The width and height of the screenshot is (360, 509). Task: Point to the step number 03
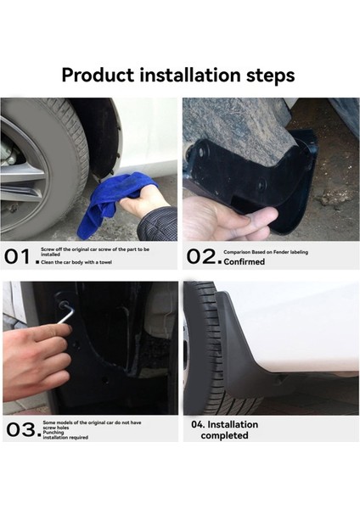(20, 429)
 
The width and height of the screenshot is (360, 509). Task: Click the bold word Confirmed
(245, 262)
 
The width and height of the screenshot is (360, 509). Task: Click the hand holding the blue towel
(145, 203)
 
